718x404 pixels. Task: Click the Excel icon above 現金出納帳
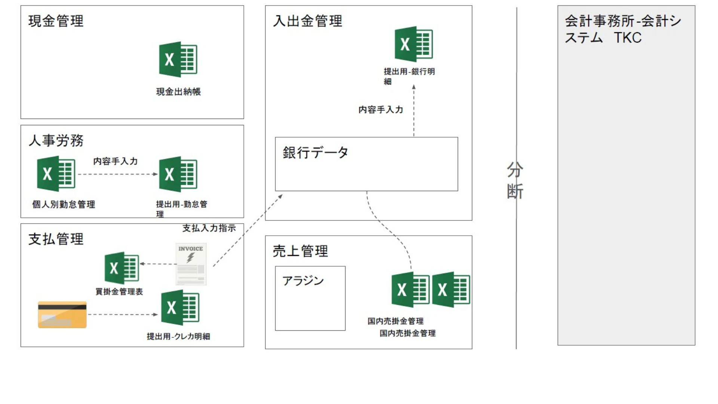click(x=178, y=59)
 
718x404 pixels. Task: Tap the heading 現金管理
click(x=56, y=21)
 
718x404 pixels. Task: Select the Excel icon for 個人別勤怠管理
click(x=56, y=174)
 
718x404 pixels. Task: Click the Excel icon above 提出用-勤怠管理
click(x=178, y=174)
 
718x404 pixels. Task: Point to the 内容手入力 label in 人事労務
click(x=115, y=161)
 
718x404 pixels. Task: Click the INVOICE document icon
click(x=191, y=264)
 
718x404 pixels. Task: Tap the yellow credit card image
click(x=62, y=315)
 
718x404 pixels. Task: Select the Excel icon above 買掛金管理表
click(x=122, y=267)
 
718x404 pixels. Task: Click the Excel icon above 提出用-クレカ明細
click(x=180, y=307)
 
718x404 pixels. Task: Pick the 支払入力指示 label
click(x=209, y=228)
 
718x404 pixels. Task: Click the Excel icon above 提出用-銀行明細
click(x=414, y=44)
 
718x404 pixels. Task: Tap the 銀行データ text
click(x=315, y=153)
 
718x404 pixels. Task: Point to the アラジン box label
click(x=303, y=281)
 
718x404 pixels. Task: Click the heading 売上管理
click(x=300, y=251)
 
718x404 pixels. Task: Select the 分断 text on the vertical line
click(x=515, y=180)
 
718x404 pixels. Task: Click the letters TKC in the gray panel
click(x=628, y=38)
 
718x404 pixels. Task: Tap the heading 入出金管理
click(x=307, y=21)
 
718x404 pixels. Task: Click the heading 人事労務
click(x=56, y=141)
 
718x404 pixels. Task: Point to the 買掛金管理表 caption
click(x=119, y=292)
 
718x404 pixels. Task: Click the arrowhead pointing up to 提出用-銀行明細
click(x=414, y=87)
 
